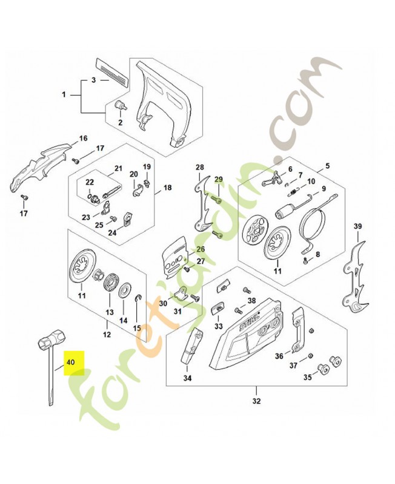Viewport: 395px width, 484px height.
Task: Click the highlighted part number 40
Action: (70, 362)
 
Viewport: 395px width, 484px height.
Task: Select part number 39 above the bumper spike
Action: (357, 226)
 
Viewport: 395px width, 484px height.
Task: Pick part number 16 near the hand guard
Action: (84, 139)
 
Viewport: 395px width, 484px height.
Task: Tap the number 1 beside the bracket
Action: (64, 94)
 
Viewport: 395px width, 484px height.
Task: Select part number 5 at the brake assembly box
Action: (327, 165)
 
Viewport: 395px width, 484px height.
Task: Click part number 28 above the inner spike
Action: (199, 166)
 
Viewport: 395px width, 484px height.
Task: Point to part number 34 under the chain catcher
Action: (187, 379)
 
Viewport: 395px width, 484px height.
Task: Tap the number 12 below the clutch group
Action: (107, 334)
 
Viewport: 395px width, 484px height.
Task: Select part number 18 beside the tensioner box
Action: (168, 188)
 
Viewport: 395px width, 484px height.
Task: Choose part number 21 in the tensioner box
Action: (119, 168)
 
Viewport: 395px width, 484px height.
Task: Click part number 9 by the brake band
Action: (324, 188)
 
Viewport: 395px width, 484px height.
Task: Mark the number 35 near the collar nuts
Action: (307, 378)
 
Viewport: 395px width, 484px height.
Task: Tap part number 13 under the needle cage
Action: (110, 312)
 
